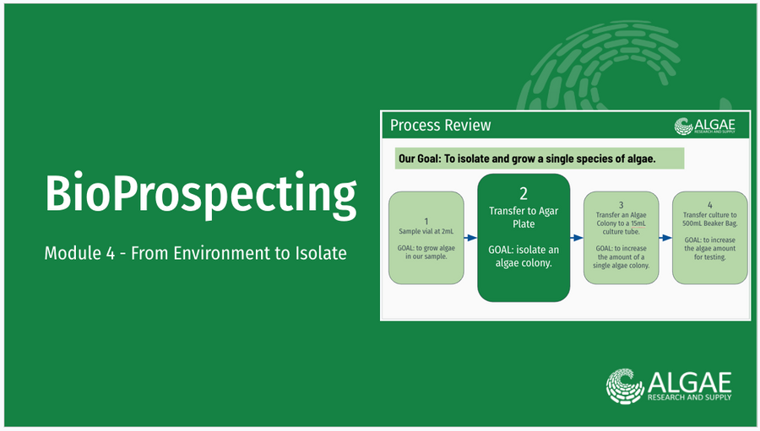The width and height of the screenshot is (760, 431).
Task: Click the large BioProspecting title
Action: [201, 195]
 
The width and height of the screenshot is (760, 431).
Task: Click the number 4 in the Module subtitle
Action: [110, 253]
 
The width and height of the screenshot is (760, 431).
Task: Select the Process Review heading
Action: [440, 126]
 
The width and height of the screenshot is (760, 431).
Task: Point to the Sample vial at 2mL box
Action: [426, 238]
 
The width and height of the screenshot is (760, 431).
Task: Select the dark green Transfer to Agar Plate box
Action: [524, 238]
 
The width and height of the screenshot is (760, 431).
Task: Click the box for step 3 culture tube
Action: [621, 238]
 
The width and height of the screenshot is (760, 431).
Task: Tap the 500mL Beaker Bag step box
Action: [709, 238]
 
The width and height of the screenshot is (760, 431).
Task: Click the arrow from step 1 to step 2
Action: [470, 238]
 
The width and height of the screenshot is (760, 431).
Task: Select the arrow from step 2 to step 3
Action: [577, 238]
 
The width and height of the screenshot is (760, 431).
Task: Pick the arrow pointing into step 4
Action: [665, 238]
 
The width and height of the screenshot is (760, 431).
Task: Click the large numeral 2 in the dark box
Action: [524, 194]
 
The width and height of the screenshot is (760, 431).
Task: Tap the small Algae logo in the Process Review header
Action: [704, 126]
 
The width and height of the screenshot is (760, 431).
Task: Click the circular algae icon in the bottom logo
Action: [625, 386]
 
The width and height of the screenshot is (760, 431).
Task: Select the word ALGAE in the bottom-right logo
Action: [689, 383]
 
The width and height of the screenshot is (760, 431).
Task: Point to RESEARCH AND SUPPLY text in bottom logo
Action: [689, 397]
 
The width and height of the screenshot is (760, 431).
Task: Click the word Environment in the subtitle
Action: [225, 253]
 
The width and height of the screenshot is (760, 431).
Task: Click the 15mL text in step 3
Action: [638, 224]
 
